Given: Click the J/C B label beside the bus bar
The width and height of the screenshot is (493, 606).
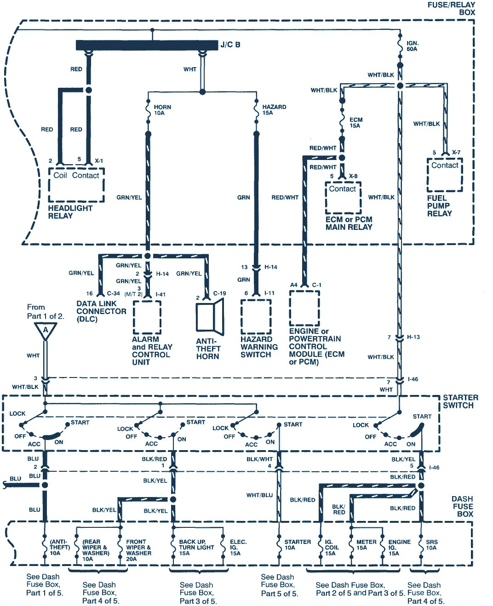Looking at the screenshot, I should point(230,45).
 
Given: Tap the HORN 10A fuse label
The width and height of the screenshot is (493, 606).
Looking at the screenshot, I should point(162,110).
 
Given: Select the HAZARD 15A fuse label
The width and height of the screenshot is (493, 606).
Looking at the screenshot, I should point(274,110).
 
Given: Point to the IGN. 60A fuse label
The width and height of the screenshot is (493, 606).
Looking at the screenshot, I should point(412,46).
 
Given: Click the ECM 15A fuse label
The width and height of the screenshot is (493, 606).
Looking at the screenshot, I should point(355,123).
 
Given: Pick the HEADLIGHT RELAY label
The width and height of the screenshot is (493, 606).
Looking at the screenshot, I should point(70,212).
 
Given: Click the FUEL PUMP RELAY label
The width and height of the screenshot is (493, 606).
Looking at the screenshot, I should point(439,206).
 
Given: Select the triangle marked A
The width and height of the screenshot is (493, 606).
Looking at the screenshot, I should point(46,330).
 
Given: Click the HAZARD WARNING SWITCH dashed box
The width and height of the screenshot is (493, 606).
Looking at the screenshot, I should point(256,317).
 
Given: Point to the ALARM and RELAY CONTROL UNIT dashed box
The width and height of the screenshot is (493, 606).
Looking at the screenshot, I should point(147,317).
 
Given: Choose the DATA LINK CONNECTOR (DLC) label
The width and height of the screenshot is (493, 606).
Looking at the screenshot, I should point(101,311).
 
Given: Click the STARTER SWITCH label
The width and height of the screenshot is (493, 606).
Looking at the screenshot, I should point(460,401).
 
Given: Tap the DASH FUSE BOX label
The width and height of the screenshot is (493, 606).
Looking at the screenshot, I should point(462,506).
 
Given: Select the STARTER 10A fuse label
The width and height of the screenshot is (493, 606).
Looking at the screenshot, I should point(297,545).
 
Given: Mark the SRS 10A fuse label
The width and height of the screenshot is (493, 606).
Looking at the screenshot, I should point(431,545).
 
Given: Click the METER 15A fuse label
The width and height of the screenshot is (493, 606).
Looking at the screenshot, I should point(366,545).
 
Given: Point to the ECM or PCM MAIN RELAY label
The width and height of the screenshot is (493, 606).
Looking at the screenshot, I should point(349,223).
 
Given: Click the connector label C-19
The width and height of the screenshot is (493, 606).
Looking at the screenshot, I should point(219,293).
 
